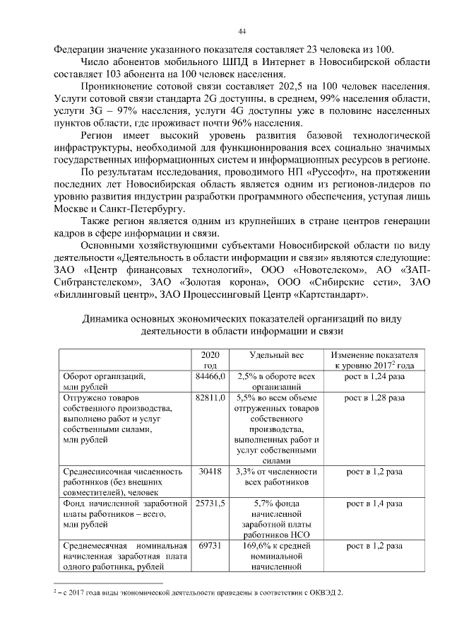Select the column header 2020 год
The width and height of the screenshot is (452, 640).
210,360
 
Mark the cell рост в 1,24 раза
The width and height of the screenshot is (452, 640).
374,377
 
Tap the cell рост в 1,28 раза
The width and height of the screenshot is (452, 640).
374,399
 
